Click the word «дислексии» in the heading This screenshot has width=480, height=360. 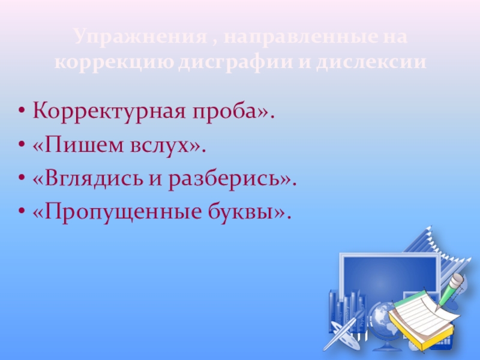pos(373,62)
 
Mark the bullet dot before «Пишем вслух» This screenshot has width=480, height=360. pos(22,145)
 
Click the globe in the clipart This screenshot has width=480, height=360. pos(379,318)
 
